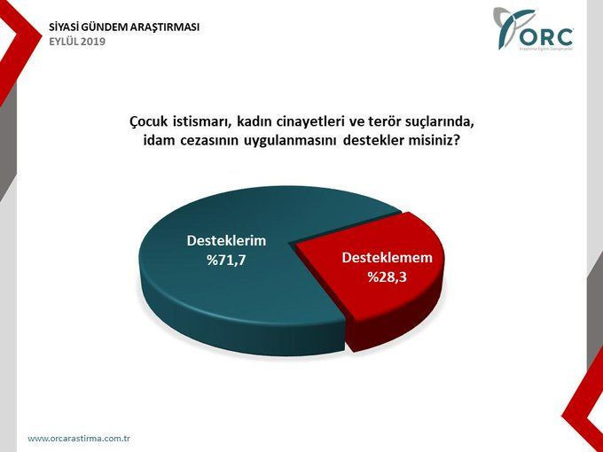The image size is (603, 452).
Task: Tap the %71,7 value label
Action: tap(226, 261)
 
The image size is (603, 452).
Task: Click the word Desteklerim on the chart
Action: tap(226, 240)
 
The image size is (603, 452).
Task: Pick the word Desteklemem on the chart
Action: tap(387, 258)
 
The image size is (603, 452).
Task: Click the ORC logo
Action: tap(536, 30)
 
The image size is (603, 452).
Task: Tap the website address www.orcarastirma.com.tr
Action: tap(79, 439)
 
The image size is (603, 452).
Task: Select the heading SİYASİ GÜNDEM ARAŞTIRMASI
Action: tap(124, 27)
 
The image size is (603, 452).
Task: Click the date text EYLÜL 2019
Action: tap(77, 42)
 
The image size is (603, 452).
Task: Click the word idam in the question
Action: tap(159, 140)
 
